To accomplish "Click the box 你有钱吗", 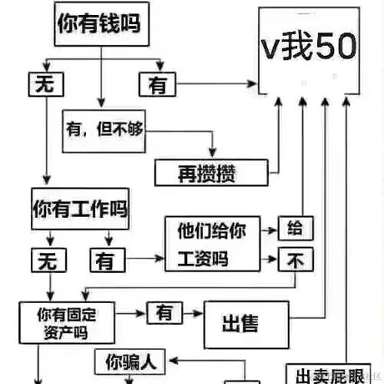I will click(98, 25).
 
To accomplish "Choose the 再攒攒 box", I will click(212, 173).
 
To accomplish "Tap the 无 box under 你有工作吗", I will click(45, 260).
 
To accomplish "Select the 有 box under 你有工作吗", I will click(105, 260).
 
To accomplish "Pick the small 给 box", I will click(295, 227).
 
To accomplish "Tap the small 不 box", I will click(295, 260).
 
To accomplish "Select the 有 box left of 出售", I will click(165, 313).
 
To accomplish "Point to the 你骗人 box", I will click(130, 362).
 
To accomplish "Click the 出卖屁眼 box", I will click(330, 374).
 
